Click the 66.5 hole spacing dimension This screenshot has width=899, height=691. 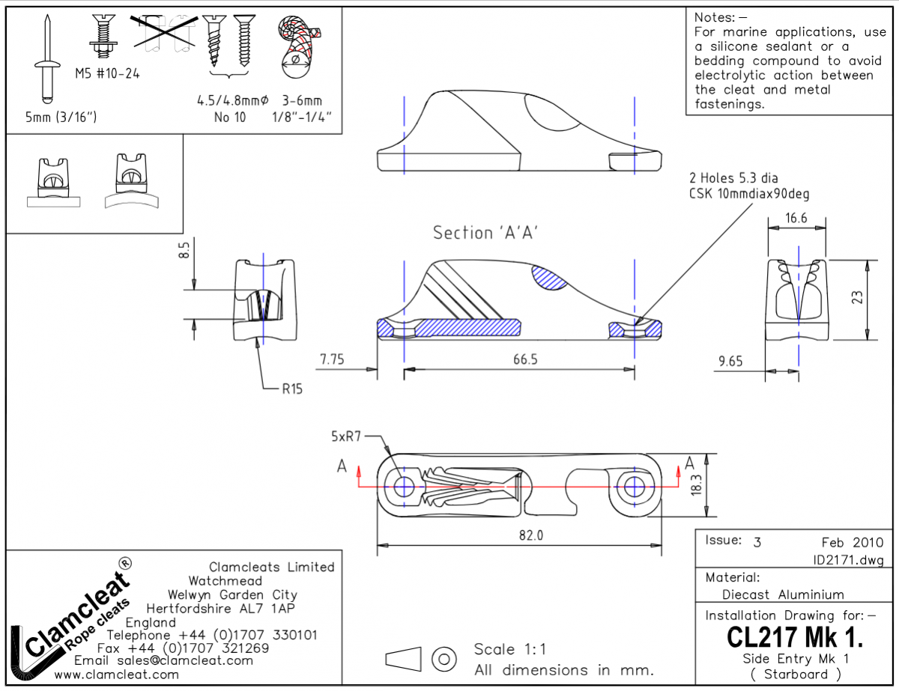[x=525, y=359]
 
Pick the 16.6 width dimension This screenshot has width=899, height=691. [x=797, y=219]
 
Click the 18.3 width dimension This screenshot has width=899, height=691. [x=697, y=484]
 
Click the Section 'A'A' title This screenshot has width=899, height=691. [x=487, y=233]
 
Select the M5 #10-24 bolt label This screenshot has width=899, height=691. [x=107, y=73]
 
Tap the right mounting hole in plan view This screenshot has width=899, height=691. [x=635, y=485]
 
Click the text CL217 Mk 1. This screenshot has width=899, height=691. [x=795, y=638]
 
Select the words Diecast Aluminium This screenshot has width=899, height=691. [x=783, y=594]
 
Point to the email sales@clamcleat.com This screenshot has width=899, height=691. [x=163, y=660]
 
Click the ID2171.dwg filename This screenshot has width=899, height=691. [x=848, y=559]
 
